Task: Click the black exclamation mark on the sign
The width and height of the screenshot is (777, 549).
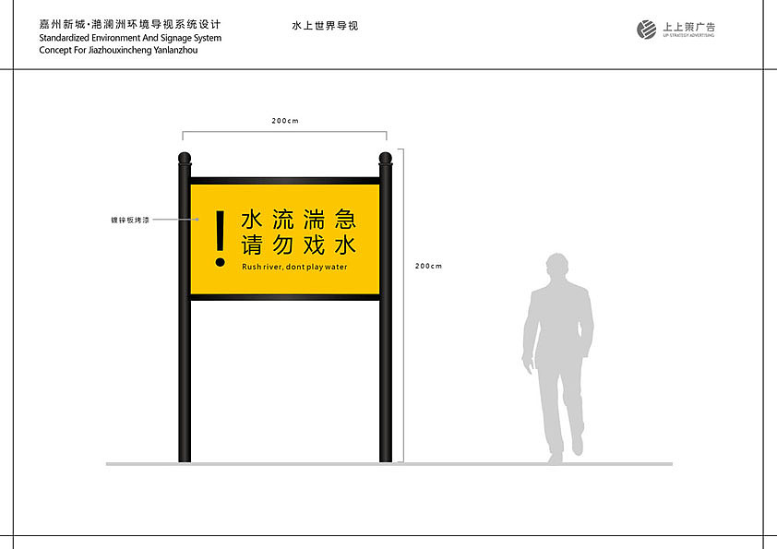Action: point(220,238)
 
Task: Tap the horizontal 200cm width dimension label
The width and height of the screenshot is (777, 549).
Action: point(284,121)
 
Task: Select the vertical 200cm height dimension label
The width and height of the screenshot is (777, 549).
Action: point(428,266)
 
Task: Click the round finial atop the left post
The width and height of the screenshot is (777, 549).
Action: point(185,158)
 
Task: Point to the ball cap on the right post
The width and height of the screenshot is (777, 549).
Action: point(386,158)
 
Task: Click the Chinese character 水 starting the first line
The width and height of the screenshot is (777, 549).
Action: point(252,220)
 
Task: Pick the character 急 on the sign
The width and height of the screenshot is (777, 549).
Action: point(345,220)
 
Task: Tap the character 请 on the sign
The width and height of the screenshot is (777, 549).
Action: point(252,246)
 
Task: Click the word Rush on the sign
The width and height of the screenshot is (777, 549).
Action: point(252,267)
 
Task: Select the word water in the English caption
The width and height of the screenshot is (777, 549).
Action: point(336,267)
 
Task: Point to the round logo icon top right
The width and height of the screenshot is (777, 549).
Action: point(647,30)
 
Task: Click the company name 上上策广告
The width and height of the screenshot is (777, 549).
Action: point(688,27)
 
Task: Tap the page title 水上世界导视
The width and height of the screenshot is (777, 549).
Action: point(324,26)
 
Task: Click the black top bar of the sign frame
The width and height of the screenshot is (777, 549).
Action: point(285,181)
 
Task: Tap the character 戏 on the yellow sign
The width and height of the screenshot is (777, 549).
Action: point(314,246)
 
